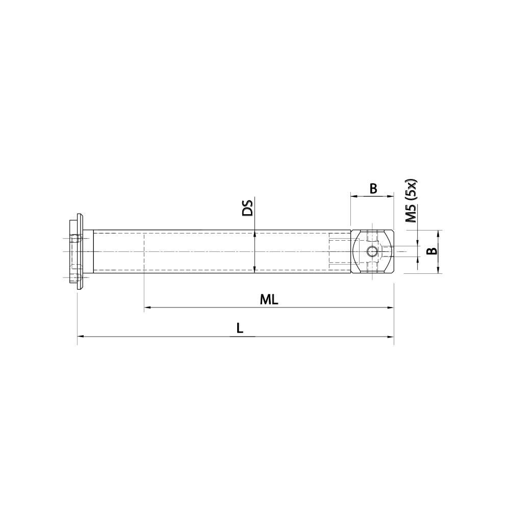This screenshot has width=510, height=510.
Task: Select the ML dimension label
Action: (x=269, y=300)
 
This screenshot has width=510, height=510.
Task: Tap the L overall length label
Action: (x=239, y=329)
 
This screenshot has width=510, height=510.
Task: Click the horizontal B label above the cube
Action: (x=373, y=189)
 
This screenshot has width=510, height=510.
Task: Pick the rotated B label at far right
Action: (x=431, y=251)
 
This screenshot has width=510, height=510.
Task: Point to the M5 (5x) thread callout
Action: (x=411, y=201)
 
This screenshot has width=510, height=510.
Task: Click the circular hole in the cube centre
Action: (x=372, y=251)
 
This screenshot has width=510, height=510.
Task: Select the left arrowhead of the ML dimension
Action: (x=147, y=308)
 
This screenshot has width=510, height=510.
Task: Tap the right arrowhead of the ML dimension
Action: (x=391, y=308)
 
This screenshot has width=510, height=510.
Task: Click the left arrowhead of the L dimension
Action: (x=80, y=337)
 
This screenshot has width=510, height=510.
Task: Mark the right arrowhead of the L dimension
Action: (x=391, y=337)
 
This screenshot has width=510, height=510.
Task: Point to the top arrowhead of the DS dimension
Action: (x=254, y=233)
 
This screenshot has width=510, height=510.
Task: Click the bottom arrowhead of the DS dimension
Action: (x=254, y=270)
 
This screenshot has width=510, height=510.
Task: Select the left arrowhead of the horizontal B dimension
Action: (x=353, y=196)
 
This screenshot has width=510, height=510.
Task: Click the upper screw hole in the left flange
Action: (x=76, y=238)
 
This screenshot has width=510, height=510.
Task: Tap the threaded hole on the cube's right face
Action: (x=388, y=251)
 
